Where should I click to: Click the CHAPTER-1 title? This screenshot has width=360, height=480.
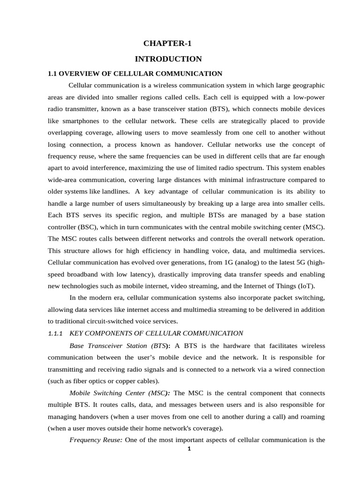coord(168,44)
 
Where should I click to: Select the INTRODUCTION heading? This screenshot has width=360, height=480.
coord(168,59)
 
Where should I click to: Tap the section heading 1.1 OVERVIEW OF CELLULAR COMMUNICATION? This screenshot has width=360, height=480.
coord(135,74)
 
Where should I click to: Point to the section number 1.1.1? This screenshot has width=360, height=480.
coord(55,333)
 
